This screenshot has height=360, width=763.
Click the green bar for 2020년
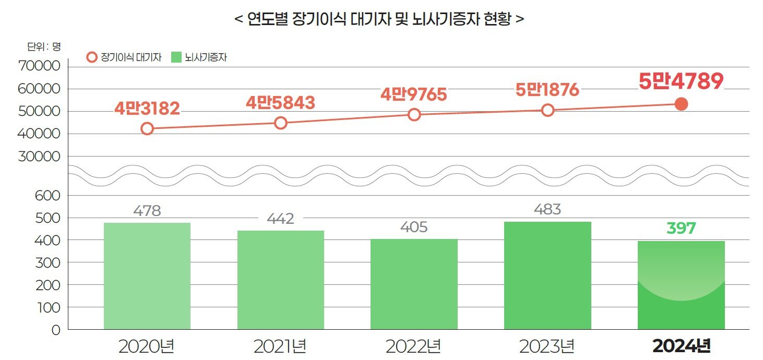tap(147, 276)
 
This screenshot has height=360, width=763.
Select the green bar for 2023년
tap(547, 275)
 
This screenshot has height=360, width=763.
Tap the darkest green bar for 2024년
tap(681, 285)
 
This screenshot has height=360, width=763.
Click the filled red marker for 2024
tap(681, 104)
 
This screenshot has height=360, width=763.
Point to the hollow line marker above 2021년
tap(281, 123)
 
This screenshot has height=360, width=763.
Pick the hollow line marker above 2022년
tap(414, 115)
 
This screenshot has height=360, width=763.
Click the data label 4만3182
tap(147, 109)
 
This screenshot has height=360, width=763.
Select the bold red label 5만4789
tap(681, 81)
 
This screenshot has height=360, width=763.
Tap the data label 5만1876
tap(547, 90)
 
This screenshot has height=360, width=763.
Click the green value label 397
tap(681, 228)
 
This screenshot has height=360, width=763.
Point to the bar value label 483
tap(547, 210)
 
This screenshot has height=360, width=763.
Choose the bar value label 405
tap(413, 227)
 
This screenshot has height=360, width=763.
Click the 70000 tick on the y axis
tap(40, 67)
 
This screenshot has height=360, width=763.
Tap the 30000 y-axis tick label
tap(40, 157)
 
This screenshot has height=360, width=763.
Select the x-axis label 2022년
tap(413, 346)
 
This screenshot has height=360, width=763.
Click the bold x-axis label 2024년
tap(681, 346)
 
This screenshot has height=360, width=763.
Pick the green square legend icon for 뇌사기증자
tap(176, 57)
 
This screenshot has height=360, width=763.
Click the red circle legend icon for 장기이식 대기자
tap(92, 57)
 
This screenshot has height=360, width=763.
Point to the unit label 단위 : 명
tap(44, 46)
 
